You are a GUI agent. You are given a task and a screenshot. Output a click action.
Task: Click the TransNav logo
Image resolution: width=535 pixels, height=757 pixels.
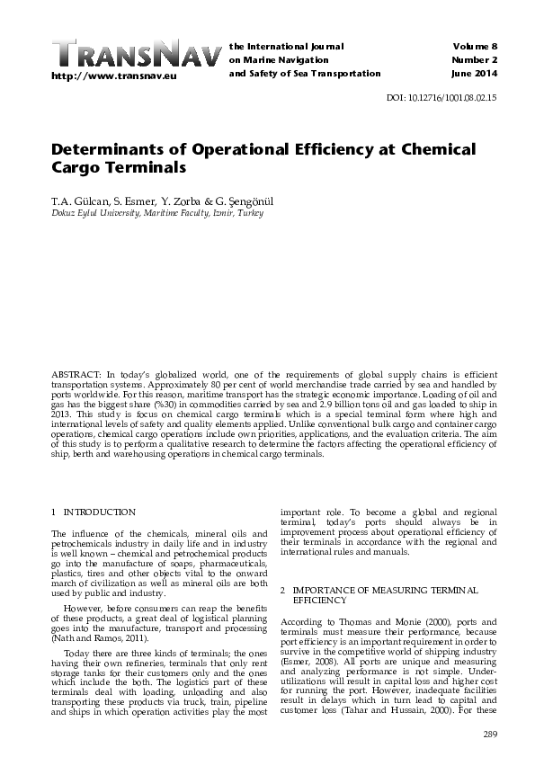coord(135,55)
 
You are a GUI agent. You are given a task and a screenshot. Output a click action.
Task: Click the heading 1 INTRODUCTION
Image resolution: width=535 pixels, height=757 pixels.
coord(94,512)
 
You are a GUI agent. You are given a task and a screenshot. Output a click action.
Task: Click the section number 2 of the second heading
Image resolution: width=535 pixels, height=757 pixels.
coord(283,590)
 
